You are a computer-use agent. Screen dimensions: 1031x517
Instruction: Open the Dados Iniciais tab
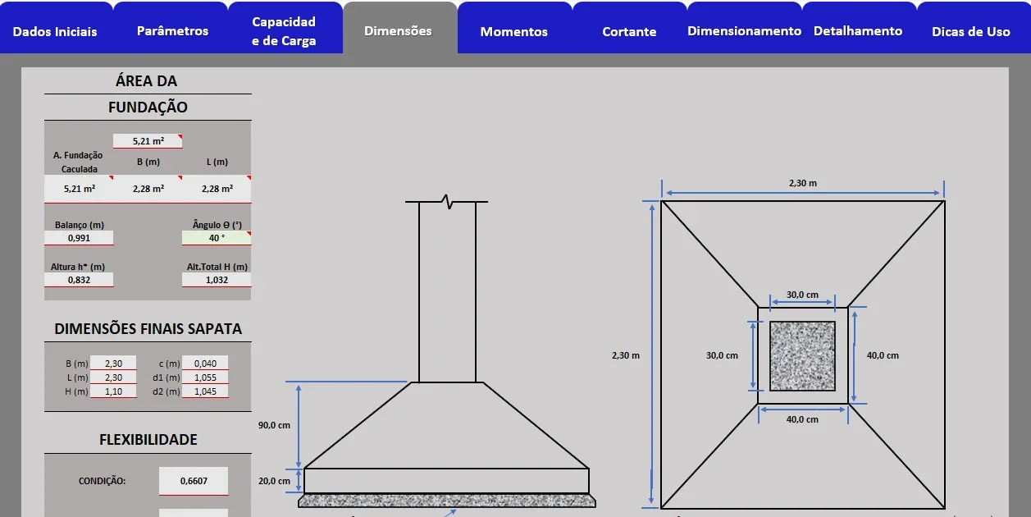(x=55, y=31)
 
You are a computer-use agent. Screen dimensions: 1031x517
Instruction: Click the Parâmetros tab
(x=172, y=31)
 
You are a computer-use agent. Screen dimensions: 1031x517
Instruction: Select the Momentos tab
(x=514, y=31)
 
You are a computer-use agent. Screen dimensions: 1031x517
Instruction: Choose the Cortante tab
(x=629, y=31)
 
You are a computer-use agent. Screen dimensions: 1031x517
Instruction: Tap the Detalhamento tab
(x=858, y=31)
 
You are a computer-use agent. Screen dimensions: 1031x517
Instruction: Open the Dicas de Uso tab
(x=971, y=31)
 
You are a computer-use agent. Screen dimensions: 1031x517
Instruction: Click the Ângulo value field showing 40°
(x=217, y=238)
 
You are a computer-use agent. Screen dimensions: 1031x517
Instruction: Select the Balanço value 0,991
(x=79, y=238)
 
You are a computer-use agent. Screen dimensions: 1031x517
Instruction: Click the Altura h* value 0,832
(x=79, y=280)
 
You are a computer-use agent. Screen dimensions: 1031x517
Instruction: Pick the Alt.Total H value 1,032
(x=217, y=280)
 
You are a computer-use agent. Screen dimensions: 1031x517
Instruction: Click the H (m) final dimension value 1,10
(x=113, y=391)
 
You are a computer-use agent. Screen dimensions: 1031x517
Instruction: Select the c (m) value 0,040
(x=205, y=364)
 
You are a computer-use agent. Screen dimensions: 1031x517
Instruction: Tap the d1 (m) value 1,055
(x=205, y=377)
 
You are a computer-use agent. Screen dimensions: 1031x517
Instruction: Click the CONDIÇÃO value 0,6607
(x=194, y=481)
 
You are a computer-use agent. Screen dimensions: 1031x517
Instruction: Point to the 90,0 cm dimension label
(x=274, y=425)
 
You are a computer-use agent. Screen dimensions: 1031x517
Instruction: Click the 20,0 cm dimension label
(x=274, y=481)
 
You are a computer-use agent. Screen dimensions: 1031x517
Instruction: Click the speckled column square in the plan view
(x=802, y=356)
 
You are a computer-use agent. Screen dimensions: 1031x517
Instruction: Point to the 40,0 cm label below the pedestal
(x=802, y=419)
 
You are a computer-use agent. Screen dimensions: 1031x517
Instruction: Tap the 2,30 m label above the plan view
(x=803, y=183)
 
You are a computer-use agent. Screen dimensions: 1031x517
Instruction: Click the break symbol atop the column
(x=447, y=202)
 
